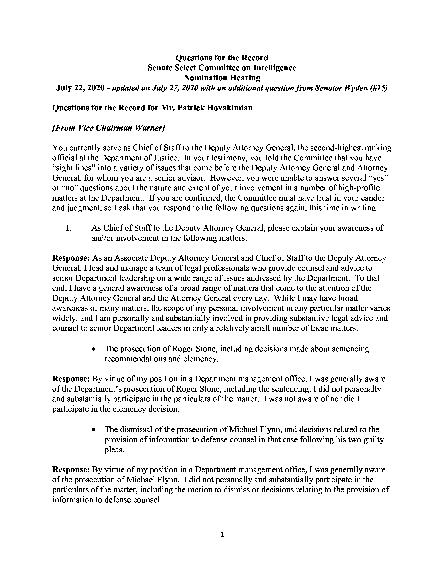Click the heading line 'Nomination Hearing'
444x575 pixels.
(222, 78)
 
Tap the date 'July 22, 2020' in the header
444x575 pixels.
(80, 88)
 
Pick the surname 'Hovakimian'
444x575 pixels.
(230, 108)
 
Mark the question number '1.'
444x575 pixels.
(69, 228)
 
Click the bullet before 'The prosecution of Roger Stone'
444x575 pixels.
(93, 349)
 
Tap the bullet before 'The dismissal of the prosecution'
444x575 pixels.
(93, 430)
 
